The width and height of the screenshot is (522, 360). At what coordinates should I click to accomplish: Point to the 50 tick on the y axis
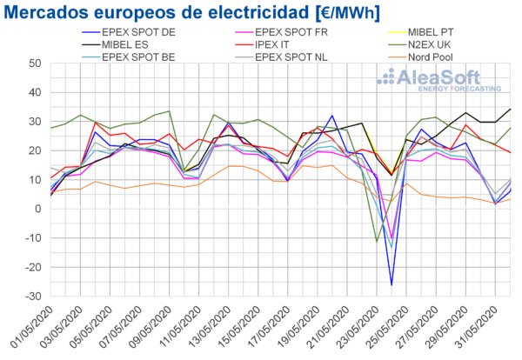[32, 63]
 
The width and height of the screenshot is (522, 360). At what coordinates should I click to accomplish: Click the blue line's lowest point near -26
[391, 284]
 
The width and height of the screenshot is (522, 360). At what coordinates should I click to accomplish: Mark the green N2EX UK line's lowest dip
[376, 241]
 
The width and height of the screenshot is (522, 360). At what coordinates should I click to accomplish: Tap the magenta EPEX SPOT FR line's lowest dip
[391, 237]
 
